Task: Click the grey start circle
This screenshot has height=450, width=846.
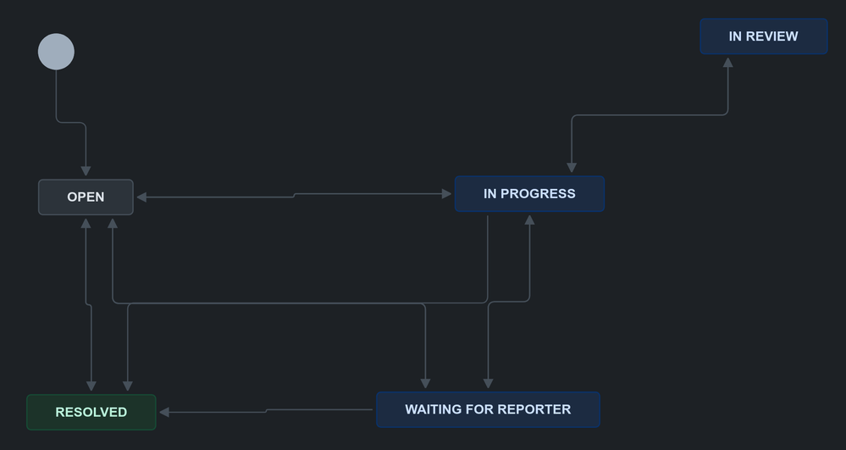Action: [x=56, y=52]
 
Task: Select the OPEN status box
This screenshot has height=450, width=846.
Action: [x=86, y=197]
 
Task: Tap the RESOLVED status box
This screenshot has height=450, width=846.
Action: [x=91, y=412]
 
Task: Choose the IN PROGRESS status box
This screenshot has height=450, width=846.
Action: [x=529, y=194]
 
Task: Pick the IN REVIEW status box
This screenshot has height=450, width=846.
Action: [x=763, y=36]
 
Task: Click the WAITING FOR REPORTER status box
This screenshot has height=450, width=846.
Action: [x=488, y=409]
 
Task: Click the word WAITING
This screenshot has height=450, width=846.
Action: [x=433, y=409]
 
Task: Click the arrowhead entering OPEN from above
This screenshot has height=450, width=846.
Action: [x=86, y=171]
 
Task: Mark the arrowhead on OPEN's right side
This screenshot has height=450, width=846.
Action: [x=141, y=197]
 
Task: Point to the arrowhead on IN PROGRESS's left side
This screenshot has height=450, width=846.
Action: [x=446, y=194]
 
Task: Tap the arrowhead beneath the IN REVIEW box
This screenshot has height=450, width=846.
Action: [x=727, y=62]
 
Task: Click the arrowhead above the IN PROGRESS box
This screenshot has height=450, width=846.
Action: [x=572, y=168]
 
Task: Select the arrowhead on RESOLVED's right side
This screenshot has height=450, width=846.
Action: [x=164, y=412]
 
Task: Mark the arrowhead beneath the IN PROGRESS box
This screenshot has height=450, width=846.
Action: [x=529, y=219]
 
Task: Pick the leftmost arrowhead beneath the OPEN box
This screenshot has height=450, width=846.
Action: [x=86, y=223]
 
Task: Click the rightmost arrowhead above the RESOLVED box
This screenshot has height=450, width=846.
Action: [x=128, y=386]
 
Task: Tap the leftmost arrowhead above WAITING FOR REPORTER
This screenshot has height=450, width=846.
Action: [x=425, y=384]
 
